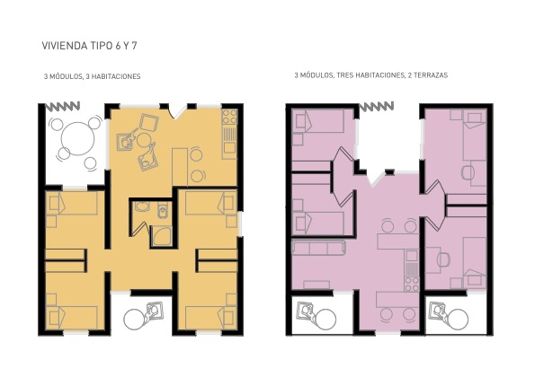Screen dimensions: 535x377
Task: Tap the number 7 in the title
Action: point(134,46)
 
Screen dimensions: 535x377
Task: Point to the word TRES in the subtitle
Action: point(345,75)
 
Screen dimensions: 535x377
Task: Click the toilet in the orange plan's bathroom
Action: point(163,209)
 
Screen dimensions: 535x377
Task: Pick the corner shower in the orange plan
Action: point(161,236)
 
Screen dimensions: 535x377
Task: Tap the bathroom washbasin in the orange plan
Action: point(141,206)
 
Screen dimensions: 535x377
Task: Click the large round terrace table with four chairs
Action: point(77,139)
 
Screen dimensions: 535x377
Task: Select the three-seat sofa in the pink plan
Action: point(318,248)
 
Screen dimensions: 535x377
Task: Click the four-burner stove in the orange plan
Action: point(229,118)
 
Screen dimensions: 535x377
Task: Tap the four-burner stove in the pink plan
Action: point(411,284)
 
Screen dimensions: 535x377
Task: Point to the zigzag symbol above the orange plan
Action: point(62,106)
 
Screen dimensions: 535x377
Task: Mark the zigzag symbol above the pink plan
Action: point(377,106)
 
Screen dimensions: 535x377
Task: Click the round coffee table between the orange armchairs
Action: point(144,140)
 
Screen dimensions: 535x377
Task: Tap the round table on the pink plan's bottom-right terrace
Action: point(458,320)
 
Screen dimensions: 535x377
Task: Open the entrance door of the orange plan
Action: point(178,112)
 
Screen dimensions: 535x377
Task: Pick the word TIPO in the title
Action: point(101,46)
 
